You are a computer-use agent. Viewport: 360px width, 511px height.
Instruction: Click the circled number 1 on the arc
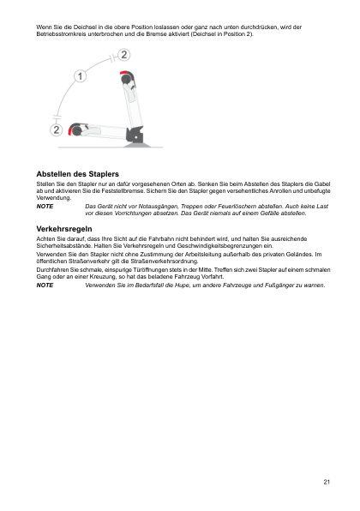[x=81, y=76]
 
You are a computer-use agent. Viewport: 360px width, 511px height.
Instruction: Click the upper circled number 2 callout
[x=124, y=55]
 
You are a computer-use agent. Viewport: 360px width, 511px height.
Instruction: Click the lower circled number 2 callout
[x=57, y=129]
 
